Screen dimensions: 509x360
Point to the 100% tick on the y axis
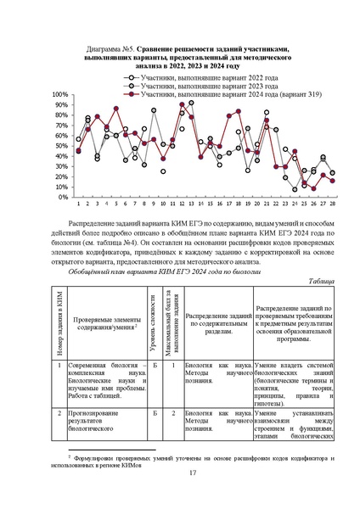point(60,95)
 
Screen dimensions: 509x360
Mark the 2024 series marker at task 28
point(332,181)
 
